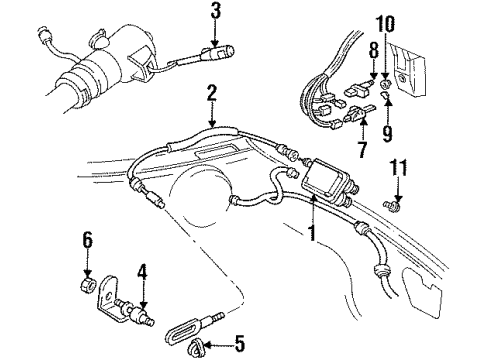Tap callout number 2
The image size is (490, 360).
pos(211,94)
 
